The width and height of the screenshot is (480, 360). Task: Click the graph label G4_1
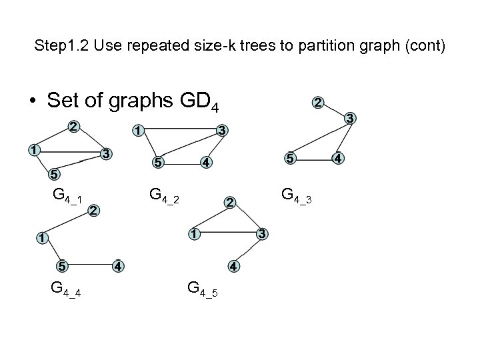(67, 197)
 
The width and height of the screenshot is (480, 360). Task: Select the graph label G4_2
(165, 195)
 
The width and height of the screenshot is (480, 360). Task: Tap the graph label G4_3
(297, 195)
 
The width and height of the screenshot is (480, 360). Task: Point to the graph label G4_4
(66, 289)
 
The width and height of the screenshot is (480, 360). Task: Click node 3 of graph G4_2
(223, 130)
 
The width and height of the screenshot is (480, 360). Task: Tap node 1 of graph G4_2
(136, 131)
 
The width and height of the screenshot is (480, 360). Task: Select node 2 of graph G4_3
(319, 103)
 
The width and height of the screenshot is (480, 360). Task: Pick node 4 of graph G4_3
(338, 159)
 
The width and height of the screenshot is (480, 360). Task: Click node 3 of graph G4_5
(263, 234)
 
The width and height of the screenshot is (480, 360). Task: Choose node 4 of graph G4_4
(117, 266)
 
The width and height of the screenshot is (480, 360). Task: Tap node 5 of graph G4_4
(61, 266)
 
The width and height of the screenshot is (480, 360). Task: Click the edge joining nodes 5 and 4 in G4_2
(181, 161)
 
